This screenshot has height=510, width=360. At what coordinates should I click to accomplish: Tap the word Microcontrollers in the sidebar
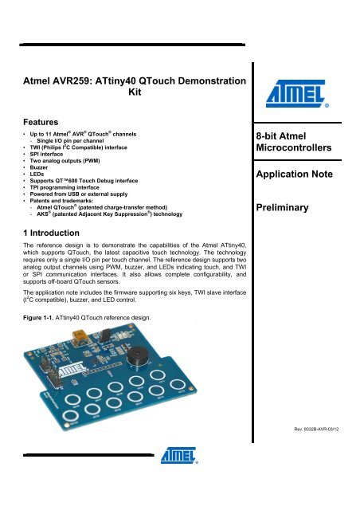point(303,150)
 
